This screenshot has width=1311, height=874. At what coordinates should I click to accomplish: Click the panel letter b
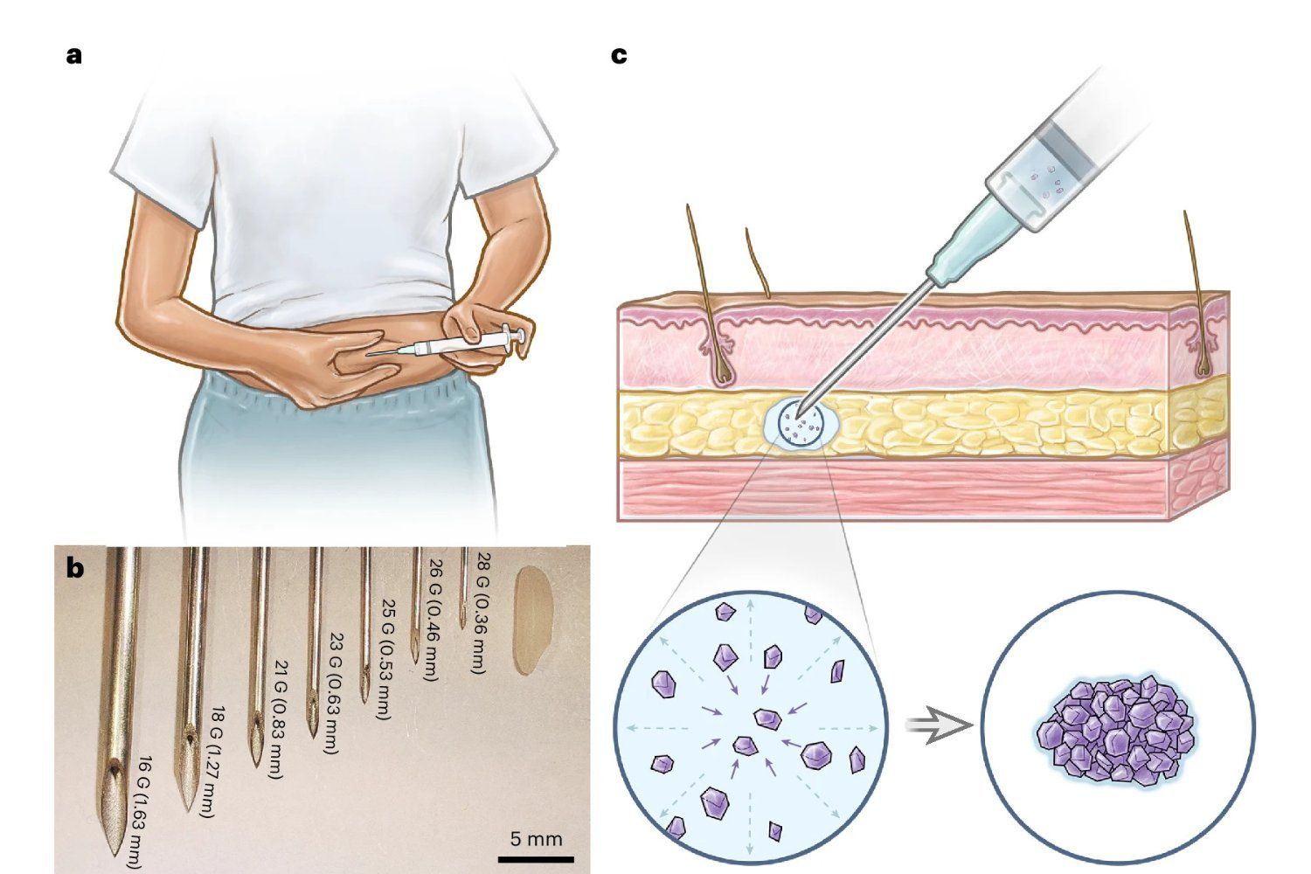(75, 568)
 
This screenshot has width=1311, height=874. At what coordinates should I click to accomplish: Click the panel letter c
(619, 56)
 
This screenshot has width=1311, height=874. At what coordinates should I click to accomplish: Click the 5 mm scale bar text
(536, 839)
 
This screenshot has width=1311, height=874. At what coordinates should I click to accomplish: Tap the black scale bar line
(536, 858)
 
